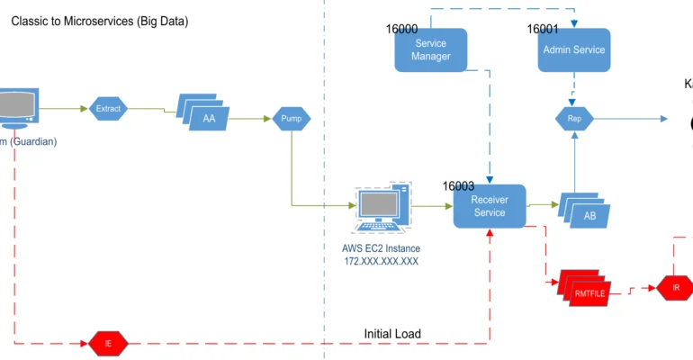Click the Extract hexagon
point(108,109)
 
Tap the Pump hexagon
point(292,118)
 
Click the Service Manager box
point(431,49)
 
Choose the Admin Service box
point(574,50)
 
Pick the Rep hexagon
point(574,118)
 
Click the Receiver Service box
point(489,205)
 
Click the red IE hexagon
point(108,343)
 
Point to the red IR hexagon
point(676,287)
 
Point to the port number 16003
point(458,186)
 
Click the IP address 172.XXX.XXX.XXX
point(381,261)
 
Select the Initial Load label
point(392,334)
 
